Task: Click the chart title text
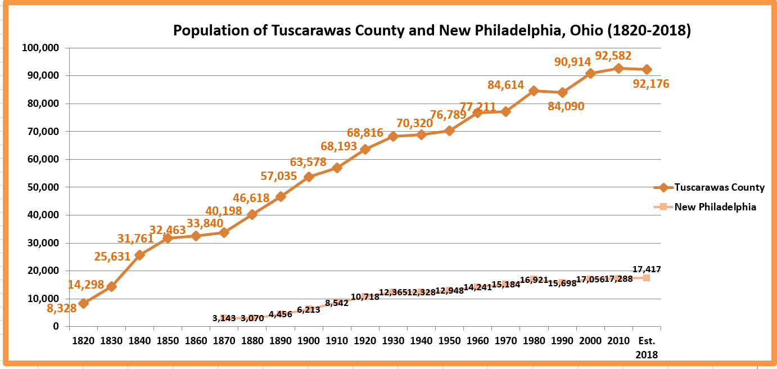tap(432, 30)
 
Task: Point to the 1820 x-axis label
tap(83, 341)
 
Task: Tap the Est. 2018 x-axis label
tap(647, 348)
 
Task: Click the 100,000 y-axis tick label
tap(40, 48)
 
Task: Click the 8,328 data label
tap(62, 308)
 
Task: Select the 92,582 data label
tap(613, 56)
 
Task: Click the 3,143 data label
tap(224, 318)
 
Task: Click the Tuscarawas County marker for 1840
tap(140, 255)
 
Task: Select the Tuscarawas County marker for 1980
tap(534, 91)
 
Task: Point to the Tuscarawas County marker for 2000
tap(590, 73)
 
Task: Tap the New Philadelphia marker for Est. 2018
tap(647, 278)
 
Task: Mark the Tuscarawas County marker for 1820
tap(84, 303)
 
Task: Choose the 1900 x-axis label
tap(309, 341)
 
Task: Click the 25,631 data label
tap(112, 256)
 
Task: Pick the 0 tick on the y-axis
tap(56, 326)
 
